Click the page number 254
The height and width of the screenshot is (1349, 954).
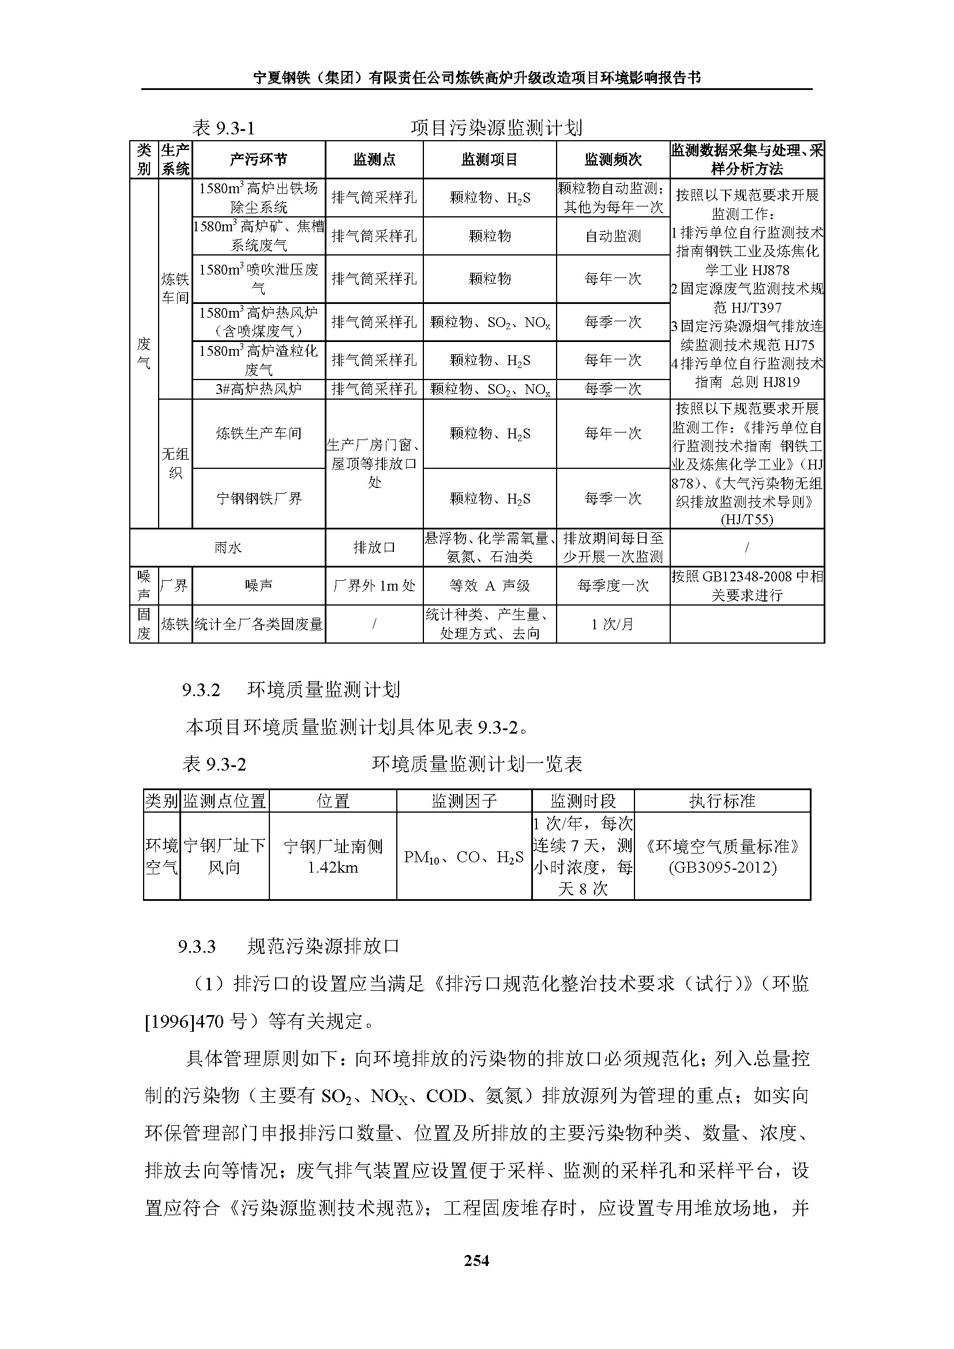476,1260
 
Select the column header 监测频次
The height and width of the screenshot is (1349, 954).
613,159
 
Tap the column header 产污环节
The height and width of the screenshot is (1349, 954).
258,159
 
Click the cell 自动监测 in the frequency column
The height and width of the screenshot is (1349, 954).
613,236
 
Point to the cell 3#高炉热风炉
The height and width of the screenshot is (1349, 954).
258,389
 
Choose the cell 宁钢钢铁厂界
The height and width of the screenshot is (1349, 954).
258,499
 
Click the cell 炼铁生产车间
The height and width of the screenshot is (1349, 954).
258,434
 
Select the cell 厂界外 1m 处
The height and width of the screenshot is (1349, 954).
374,586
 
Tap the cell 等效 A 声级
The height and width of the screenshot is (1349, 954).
489,586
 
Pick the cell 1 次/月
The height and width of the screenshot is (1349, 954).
613,624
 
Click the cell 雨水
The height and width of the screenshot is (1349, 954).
227,547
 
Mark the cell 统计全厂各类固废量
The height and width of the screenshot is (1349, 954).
258,624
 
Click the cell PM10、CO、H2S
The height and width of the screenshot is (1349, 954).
464,857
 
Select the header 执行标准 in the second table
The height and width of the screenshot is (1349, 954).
722,801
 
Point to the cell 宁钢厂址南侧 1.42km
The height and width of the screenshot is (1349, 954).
332,856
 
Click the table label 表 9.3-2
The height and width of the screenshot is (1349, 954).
214,764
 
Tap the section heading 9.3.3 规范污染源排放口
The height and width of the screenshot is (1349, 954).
289,946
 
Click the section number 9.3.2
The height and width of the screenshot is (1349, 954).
201,690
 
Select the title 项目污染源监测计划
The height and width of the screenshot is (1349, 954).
497,127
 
